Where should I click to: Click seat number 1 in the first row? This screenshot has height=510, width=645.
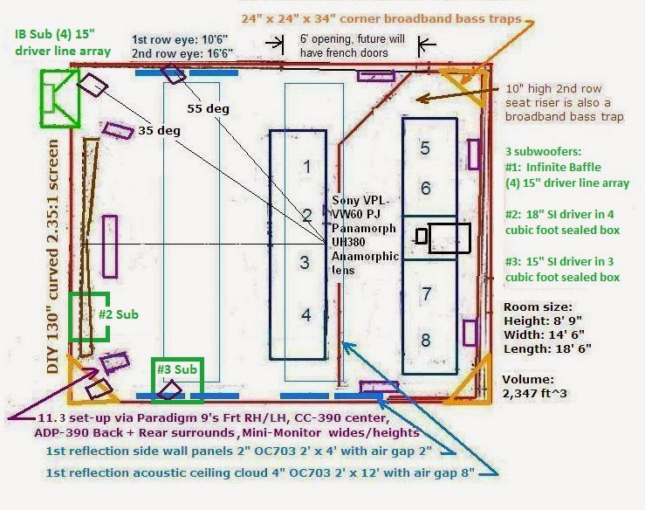pos(307,167)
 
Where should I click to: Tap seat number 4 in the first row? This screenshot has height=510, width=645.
pos(306,315)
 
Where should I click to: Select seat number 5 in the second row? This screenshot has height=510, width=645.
pos(425,148)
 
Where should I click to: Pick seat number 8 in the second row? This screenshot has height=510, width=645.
pos(426,340)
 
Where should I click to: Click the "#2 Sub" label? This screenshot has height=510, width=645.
pos(119,314)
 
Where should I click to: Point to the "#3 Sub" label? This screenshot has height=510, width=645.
pos(177,369)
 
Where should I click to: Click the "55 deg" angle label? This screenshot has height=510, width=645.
pos(208,108)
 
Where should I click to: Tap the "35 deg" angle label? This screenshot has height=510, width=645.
pos(159,130)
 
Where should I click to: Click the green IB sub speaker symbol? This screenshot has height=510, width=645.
pos(60,99)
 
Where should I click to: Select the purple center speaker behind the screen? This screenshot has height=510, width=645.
pos(109,246)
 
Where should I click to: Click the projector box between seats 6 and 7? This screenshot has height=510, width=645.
pos(449,238)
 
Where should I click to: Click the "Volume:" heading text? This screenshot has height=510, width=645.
pos(528,380)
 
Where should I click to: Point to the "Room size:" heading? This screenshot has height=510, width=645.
pos(538,307)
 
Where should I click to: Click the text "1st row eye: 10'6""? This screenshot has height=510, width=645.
pos(180,39)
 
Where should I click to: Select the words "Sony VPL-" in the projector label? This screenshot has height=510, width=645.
pos(361,201)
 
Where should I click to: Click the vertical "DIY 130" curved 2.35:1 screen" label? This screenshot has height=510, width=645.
pos(53,257)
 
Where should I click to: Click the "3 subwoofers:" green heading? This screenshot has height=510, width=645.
pos(544,151)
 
